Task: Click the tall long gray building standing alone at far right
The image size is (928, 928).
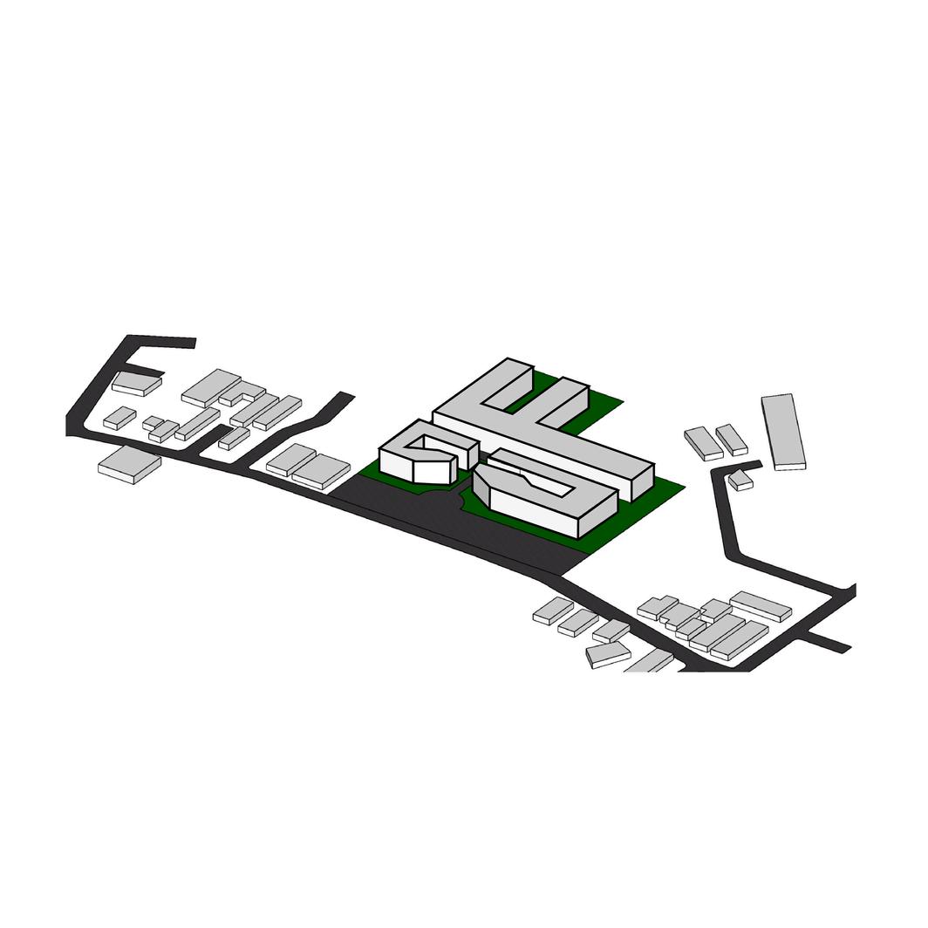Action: (x=782, y=431)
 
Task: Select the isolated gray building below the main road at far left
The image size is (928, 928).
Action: (x=129, y=464)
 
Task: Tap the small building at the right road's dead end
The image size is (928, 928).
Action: (x=740, y=480)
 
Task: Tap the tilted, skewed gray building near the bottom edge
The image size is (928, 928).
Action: (x=608, y=654)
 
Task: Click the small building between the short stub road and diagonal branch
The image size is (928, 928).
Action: (x=234, y=439)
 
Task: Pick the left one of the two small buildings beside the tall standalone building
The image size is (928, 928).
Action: (x=703, y=442)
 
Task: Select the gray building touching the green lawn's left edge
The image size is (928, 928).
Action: (x=321, y=470)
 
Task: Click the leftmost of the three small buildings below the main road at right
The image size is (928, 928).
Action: (x=552, y=610)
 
